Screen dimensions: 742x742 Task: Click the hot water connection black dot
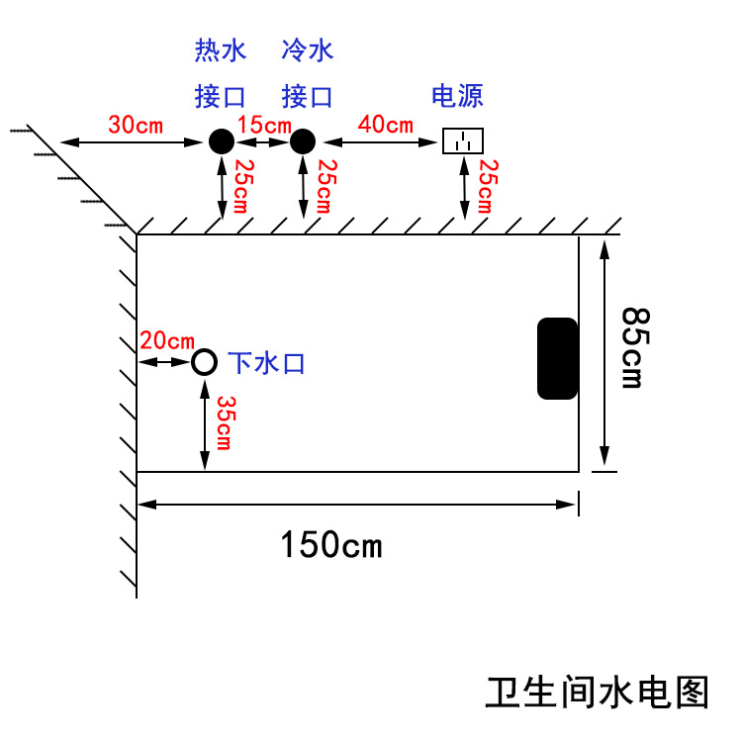[221, 141]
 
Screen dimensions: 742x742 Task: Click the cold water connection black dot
[301, 141]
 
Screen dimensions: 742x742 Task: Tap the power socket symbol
[462, 141]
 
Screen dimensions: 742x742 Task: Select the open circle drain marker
[204, 362]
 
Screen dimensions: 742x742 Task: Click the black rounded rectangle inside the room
[557, 358]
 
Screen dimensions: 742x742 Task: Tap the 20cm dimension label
[166, 340]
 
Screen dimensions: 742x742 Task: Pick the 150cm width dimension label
[330, 544]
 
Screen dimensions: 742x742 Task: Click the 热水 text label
[220, 48]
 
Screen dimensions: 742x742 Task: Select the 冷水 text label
[307, 48]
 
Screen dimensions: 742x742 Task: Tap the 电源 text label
[457, 96]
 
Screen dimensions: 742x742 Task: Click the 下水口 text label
[267, 363]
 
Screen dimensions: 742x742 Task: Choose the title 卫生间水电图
[598, 692]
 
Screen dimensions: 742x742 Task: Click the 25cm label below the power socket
[484, 186]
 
